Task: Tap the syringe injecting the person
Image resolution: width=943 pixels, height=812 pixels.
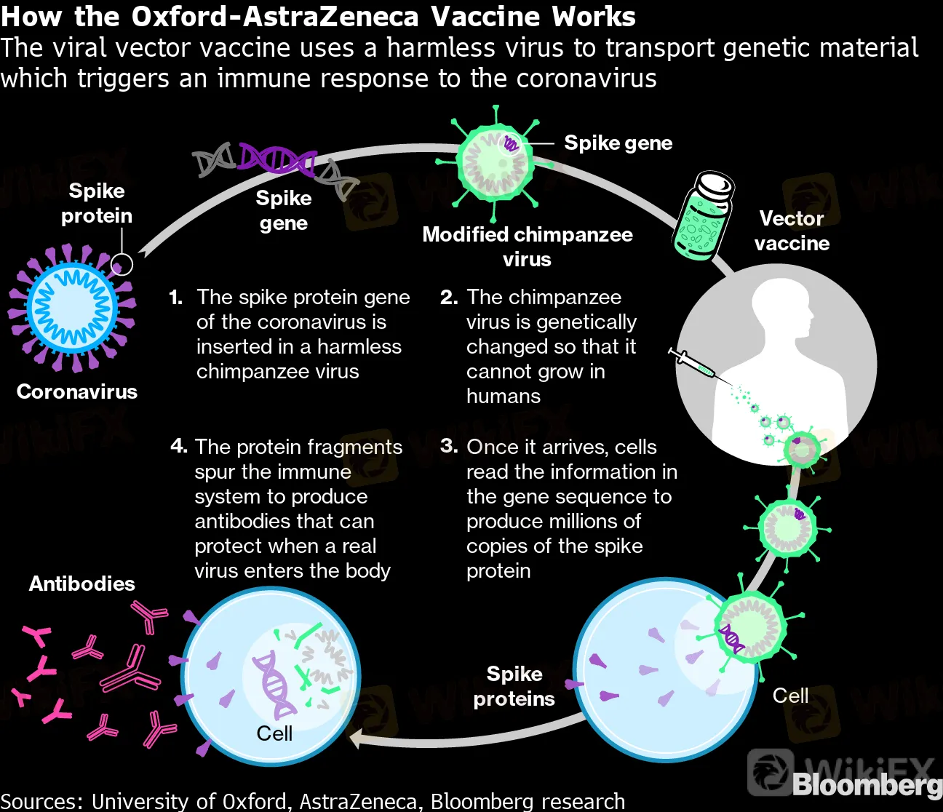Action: click(x=692, y=363)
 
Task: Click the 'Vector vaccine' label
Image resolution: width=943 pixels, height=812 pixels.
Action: click(x=792, y=231)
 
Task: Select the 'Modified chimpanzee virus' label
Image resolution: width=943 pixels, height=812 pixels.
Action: click(x=527, y=247)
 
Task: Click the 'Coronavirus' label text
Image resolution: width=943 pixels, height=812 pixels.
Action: click(x=76, y=391)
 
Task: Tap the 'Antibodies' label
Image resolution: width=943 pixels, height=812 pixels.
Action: click(x=81, y=584)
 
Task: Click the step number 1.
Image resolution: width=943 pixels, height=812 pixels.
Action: click(x=175, y=298)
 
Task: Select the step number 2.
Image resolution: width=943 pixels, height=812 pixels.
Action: click(x=448, y=298)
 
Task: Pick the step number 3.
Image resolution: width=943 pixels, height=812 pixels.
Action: click(x=448, y=446)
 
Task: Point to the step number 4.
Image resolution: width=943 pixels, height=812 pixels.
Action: click(x=178, y=446)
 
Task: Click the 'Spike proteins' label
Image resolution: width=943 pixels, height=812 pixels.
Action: click(x=514, y=686)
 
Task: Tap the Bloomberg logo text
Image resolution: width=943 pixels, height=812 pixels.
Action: click(x=866, y=784)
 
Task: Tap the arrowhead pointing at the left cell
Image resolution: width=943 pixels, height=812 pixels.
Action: click(x=357, y=740)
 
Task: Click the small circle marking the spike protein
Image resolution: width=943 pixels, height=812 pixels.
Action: click(x=122, y=264)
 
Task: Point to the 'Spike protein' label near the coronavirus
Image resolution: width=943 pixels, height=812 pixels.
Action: click(x=96, y=203)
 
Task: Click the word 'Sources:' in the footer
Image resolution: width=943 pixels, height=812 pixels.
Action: click(x=41, y=801)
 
